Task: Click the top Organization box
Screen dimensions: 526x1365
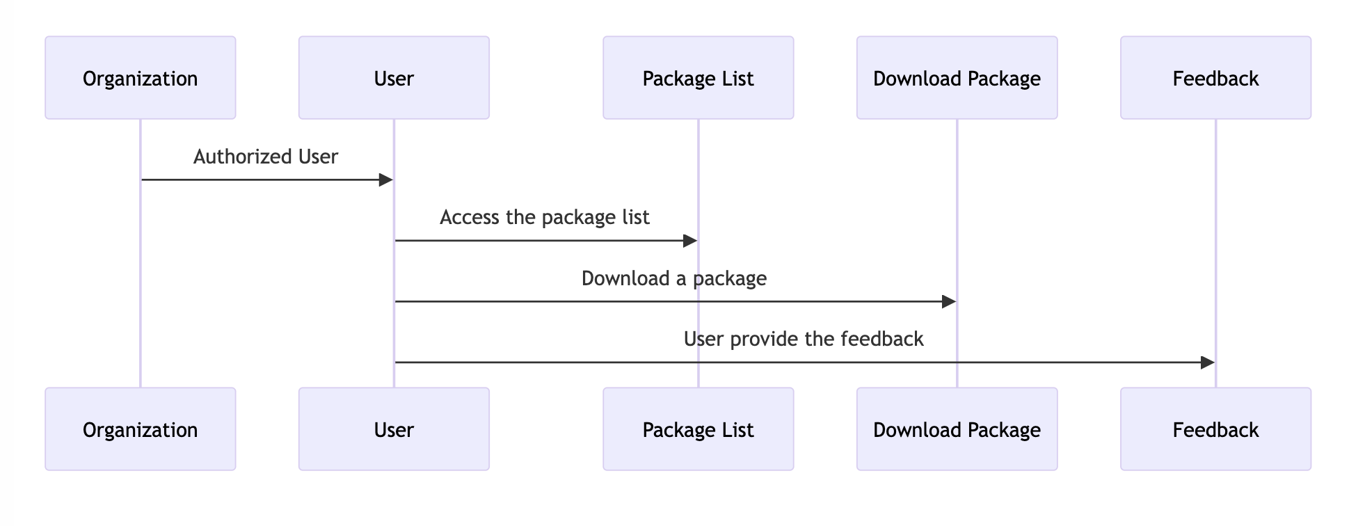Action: [x=140, y=78]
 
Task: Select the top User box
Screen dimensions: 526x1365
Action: [x=394, y=78]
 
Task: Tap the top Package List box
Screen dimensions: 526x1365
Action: [x=698, y=78]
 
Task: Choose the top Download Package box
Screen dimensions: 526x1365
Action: [x=957, y=78]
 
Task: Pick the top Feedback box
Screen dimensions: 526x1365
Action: [x=1215, y=78]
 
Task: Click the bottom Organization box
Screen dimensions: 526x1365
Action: [x=140, y=429]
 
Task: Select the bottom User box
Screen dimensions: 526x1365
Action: [x=394, y=429]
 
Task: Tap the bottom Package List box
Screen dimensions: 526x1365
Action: [x=698, y=429]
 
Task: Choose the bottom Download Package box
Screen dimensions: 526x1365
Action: [x=957, y=429]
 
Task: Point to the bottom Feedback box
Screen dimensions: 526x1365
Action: [x=1215, y=429]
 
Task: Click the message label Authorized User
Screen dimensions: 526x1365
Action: [x=266, y=157]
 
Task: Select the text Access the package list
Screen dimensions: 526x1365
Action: [x=545, y=217]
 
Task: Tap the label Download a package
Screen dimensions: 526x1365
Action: [x=673, y=278]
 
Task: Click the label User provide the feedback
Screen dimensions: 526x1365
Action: [x=804, y=339]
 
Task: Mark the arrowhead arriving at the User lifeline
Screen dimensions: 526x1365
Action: [x=386, y=180]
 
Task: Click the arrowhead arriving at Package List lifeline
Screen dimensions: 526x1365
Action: [x=690, y=241]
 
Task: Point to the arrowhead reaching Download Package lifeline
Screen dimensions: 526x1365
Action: [x=949, y=301]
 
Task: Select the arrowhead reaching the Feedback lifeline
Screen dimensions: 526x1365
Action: [x=1208, y=362]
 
